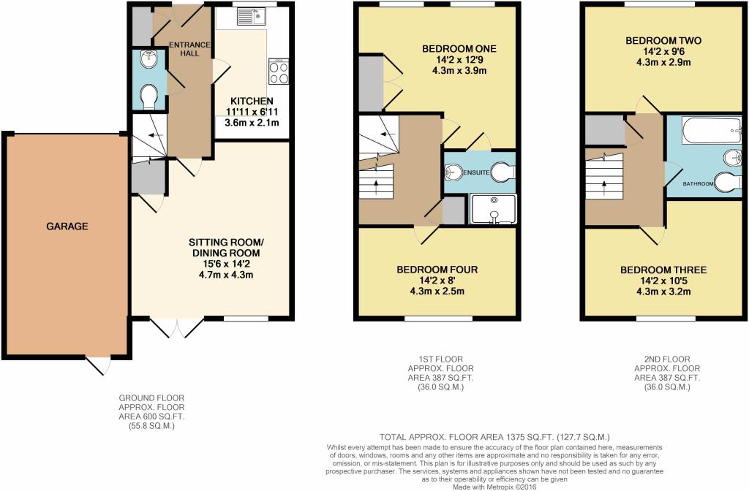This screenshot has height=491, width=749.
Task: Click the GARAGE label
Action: (67, 227)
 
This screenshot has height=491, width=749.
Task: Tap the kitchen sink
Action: (252, 16)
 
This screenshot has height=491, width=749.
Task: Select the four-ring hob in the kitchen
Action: (279, 72)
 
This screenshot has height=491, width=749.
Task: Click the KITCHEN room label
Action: (252, 101)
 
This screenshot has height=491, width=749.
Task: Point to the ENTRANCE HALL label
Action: (189, 49)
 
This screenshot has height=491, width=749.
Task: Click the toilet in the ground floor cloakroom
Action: (149, 96)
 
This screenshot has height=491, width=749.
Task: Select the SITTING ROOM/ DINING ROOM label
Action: (226, 247)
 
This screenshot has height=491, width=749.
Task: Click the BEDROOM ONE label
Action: (459, 49)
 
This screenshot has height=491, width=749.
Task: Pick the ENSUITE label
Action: (476, 172)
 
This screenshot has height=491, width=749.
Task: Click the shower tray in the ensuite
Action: (493, 208)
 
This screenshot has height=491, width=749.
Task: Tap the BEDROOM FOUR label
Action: (437, 270)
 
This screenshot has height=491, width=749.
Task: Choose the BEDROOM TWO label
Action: (663, 41)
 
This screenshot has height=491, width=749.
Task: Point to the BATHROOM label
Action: (698, 183)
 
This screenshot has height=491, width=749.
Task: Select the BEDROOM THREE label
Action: (663, 270)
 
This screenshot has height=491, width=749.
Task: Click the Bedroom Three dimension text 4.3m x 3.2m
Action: (663, 292)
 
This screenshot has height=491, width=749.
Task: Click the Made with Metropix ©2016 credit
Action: (495, 487)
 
